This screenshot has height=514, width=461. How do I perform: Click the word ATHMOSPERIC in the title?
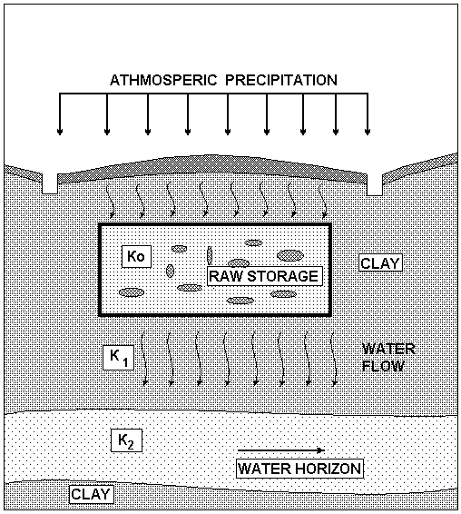coord(163,80)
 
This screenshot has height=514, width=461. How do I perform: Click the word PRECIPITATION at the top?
coord(281,80)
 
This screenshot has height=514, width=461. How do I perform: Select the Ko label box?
coord(136,256)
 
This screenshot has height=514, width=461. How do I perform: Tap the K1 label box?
coord(119,357)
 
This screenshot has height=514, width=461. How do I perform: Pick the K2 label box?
coord(126,440)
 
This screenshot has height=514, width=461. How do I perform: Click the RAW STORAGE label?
coord(265,276)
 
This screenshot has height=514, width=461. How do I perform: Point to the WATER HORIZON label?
coord(299,468)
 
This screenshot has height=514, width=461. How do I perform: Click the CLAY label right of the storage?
coord(381,263)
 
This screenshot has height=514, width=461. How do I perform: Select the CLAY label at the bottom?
coord(91,494)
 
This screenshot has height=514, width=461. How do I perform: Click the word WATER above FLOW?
coord(388,349)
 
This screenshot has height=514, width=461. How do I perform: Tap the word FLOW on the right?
coord(383,366)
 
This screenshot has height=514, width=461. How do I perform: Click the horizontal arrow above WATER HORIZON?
coord(281,450)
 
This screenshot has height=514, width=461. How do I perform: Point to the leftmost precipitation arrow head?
coord(60,132)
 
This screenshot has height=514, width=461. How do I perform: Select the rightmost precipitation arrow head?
coord(368,132)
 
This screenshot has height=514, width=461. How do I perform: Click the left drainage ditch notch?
coord(50,185)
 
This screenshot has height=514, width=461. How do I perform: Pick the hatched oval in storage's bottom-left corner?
coord(132,292)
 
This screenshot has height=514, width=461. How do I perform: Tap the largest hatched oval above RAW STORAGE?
coord(290,255)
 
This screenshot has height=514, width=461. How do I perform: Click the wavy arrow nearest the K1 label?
coord(144,359)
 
